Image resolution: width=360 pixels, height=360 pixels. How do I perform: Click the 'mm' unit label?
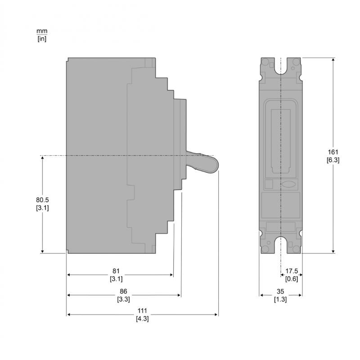42,31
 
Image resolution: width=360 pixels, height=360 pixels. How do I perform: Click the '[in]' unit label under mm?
42,39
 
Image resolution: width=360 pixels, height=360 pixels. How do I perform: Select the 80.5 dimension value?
42,199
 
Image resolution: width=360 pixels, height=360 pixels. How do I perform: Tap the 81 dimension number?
116,271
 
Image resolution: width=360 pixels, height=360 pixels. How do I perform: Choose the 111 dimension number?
142,311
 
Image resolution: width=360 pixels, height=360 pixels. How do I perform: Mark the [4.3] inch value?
142,319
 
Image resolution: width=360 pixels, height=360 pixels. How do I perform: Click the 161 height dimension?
333,152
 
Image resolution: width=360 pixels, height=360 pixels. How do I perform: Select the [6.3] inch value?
333,160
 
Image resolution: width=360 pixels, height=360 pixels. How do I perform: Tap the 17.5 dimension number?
292,271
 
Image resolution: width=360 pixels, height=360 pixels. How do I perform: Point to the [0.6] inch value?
292,279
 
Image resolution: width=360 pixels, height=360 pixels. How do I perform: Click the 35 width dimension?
281,291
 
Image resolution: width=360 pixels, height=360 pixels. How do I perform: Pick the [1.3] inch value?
281,299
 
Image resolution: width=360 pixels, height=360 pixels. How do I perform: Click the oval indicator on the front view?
288,184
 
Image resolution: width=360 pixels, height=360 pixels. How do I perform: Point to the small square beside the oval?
269,184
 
